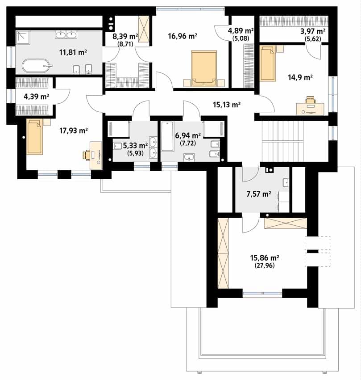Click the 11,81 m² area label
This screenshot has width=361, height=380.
(73, 52)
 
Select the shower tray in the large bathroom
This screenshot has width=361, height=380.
(23, 38)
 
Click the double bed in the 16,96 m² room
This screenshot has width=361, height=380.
(204, 68)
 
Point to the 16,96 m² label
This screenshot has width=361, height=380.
(183, 36)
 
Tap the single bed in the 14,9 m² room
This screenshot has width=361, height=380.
(268, 63)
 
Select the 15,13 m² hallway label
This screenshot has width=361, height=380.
(227, 105)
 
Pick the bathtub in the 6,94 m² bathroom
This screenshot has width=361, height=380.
(167, 136)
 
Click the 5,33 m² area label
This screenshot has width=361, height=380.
(135, 145)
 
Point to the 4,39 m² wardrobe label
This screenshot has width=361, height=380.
(37, 97)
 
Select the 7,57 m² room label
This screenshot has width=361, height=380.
(259, 194)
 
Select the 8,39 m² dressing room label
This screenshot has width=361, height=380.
(125, 37)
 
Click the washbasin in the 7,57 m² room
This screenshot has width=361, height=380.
(286, 182)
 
